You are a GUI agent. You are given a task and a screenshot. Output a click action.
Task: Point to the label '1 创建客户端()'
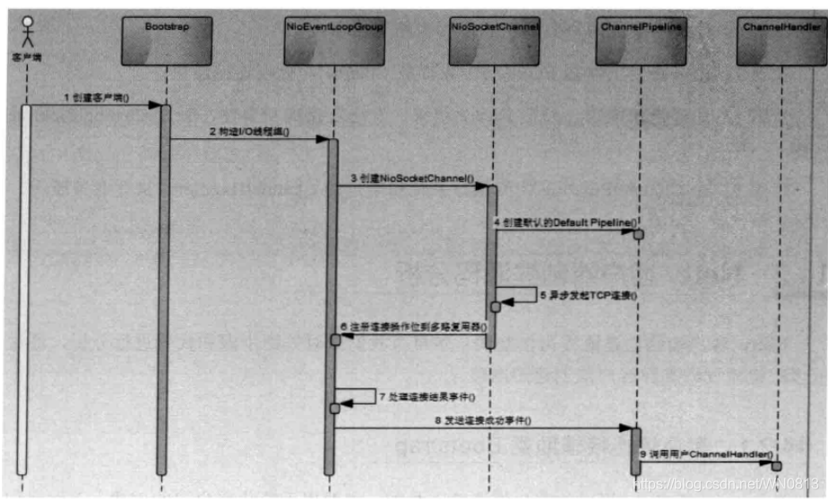95,95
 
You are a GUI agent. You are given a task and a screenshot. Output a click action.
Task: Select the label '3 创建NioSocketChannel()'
412,178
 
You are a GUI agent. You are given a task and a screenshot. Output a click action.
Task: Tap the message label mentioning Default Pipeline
565,221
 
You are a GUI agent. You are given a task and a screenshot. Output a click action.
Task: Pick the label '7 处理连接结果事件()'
427,395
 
